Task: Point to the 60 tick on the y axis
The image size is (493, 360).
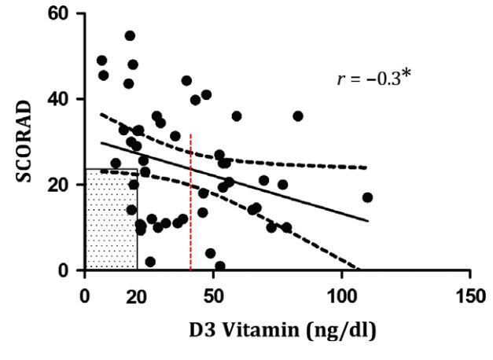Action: coord(61,14)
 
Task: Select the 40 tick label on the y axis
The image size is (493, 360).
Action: coord(61,99)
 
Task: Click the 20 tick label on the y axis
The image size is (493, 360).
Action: coord(61,185)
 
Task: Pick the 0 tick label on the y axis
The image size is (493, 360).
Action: coord(66,270)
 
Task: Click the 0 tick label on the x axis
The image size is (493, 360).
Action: coord(85,298)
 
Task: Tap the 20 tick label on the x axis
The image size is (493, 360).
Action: coord(137,298)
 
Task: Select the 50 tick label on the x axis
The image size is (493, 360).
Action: coord(214,298)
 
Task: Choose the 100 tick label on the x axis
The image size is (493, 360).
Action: coord(341,298)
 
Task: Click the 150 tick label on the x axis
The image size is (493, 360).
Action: coord(469,298)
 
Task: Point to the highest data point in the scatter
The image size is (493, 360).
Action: coord(130,35)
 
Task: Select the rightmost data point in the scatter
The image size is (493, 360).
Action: coord(367,197)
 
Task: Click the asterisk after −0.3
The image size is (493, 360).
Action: coord(406,77)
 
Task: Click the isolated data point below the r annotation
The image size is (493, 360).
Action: coord(298,116)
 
